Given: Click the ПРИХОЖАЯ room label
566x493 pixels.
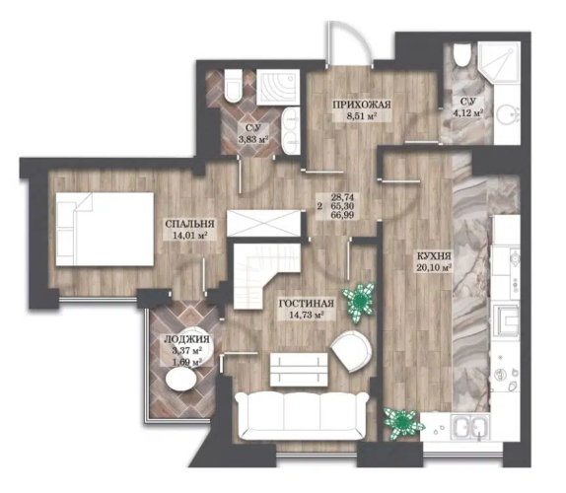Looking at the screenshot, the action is click(x=361, y=105).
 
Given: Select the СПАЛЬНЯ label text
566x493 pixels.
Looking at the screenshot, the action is click(x=189, y=224).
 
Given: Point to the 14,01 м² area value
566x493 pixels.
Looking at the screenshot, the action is click(x=189, y=236).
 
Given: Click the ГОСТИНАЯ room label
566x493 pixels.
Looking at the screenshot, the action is click(x=307, y=304).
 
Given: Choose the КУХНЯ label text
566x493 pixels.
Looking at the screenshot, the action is click(x=434, y=256).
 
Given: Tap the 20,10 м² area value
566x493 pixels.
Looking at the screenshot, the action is click(x=435, y=268).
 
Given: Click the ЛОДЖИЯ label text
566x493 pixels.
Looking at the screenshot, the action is click(x=186, y=339).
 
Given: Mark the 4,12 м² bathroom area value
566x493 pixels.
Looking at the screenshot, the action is click(x=468, y=113).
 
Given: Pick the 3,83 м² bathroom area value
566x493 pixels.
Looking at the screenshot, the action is click(x=253, y=139).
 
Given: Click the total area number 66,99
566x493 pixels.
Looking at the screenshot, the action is click(x=342, y=215).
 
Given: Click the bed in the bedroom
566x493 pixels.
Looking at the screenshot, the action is click(x=105, y=229).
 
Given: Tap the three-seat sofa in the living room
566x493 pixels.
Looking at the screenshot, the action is click(x=302, y=416).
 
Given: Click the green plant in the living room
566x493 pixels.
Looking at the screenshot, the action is click(x=360, y=300).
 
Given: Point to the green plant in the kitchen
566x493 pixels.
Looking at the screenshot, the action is click(x=402, y=422).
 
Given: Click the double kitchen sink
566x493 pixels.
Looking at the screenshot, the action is click(x=469, y=427).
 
